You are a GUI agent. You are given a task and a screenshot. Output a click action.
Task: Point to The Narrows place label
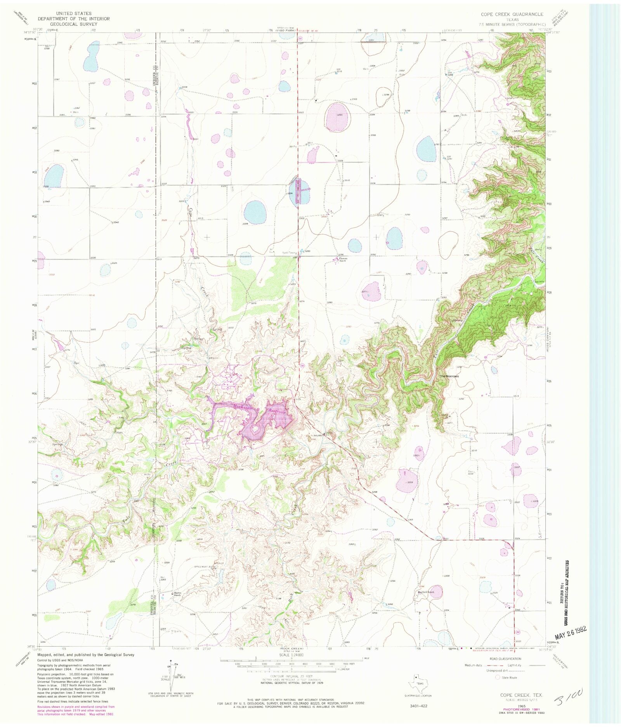tap(449, 376)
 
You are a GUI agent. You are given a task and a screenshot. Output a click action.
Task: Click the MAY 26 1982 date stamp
tap(570, 633)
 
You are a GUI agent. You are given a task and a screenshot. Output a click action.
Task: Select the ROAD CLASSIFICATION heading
tap(505, 659)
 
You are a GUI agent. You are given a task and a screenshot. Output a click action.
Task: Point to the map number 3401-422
tap(418, 706)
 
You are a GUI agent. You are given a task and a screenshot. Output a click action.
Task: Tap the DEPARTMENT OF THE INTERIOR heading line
tap(74, 19)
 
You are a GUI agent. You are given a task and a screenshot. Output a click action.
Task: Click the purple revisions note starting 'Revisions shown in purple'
tap(76, 707)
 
